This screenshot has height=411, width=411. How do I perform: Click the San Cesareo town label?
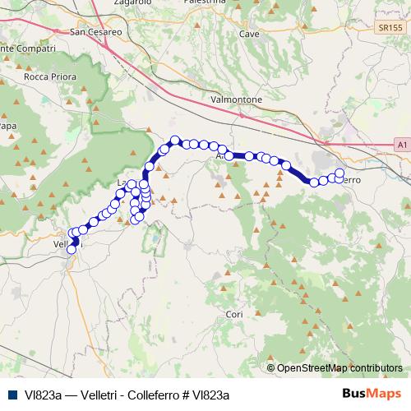pyautogui.click(x=98, y=33)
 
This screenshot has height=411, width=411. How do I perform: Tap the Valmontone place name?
pyautogui.click(x=237, y=99)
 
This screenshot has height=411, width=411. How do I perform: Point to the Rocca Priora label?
pyautogui.click(x=50, y=77)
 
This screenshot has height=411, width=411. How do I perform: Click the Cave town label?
pyautogui.click(x=248, y=34)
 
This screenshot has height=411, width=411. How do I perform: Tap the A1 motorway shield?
pyautogui.click(x=401, y=145)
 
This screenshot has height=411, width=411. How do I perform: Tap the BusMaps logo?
pyautogui.click(x=370, y=394)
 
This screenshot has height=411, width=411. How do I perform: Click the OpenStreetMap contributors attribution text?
pyautogui.click(x=339, y=368)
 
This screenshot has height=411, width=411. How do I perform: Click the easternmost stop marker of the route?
pyautogui.click(x=339, y=173)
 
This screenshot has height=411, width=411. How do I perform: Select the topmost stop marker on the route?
pyautogui.click(x=174, y=141)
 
